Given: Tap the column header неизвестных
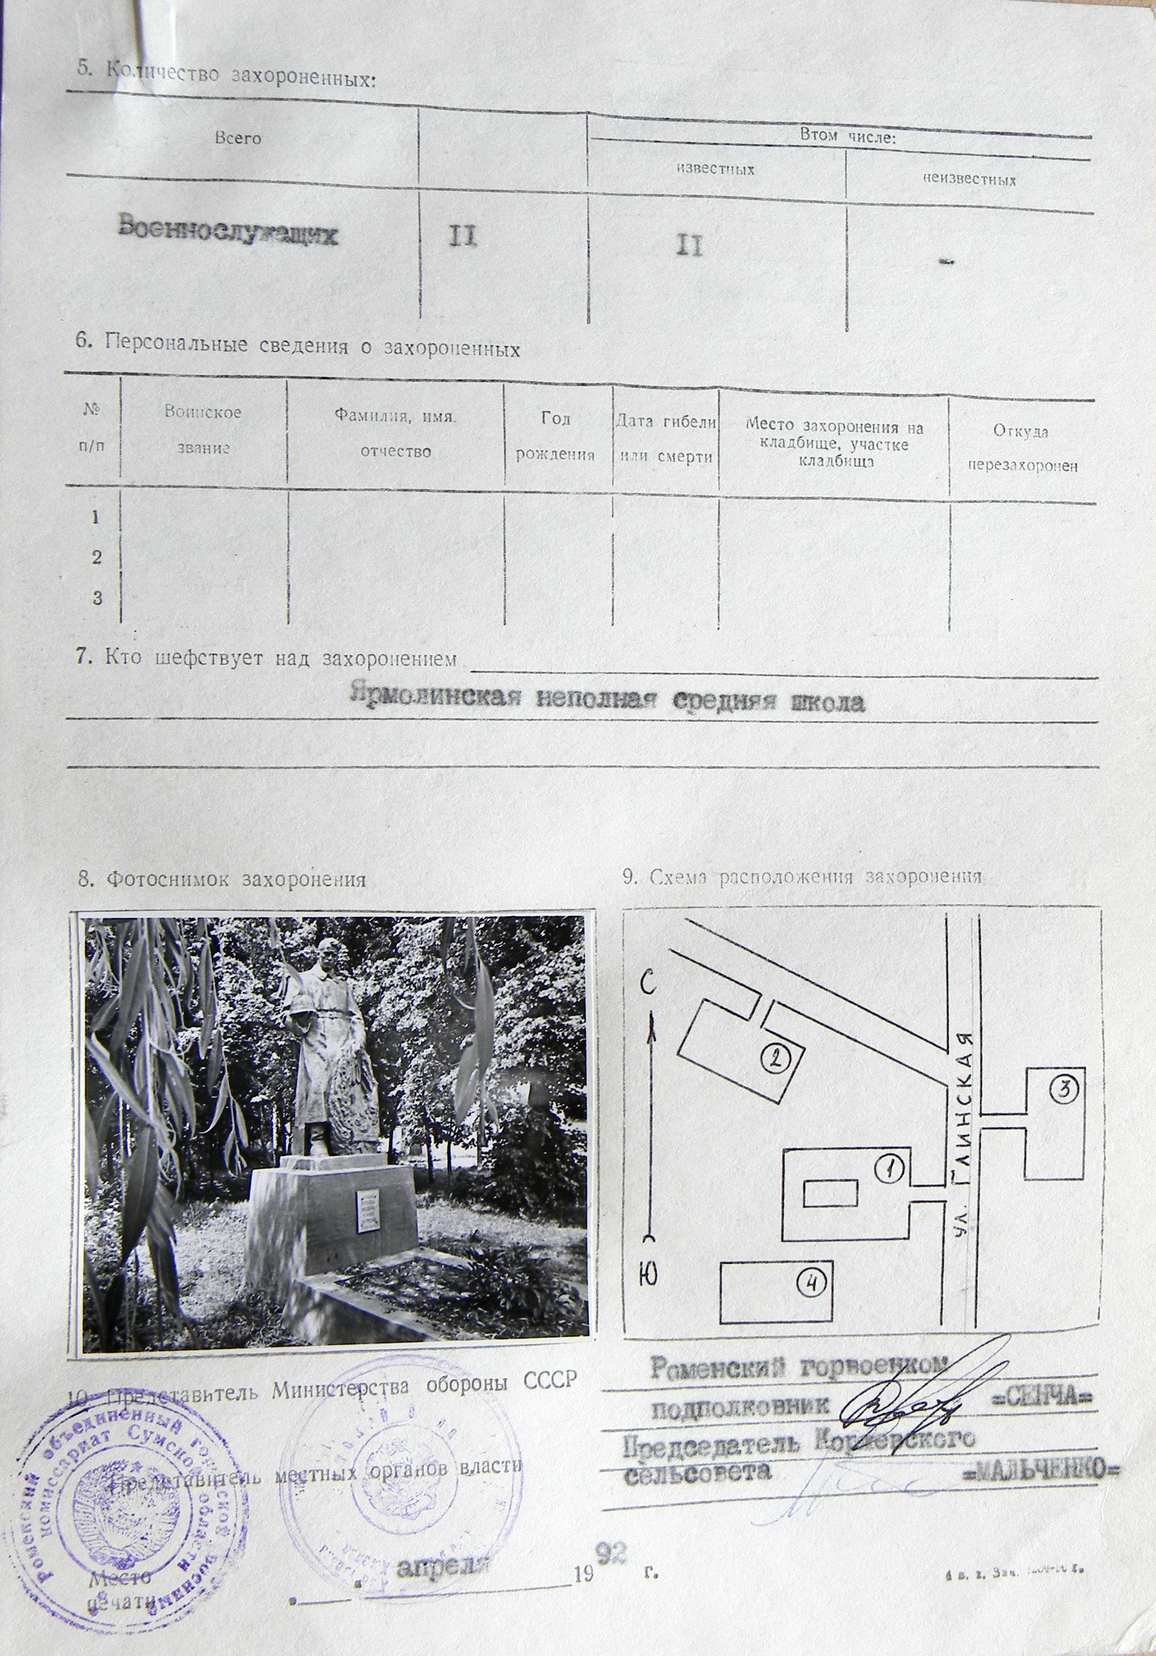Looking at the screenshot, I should click(969, 180).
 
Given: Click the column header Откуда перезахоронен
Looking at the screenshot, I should click(1022, 448).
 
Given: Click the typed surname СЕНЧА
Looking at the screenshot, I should click(1044, 1378).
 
